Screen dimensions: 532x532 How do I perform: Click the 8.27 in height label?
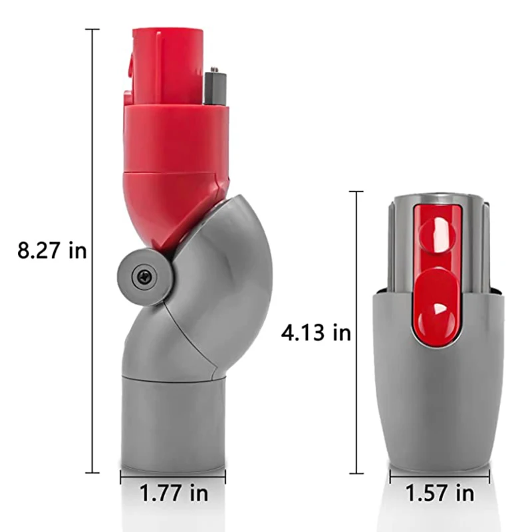52,251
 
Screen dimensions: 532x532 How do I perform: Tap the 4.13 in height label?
315,332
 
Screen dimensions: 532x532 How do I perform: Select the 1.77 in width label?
172,493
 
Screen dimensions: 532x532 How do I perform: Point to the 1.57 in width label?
439,493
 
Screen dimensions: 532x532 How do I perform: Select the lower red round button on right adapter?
436,311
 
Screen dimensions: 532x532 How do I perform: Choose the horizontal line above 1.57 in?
439,475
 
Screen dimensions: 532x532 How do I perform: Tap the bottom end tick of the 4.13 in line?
357,473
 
